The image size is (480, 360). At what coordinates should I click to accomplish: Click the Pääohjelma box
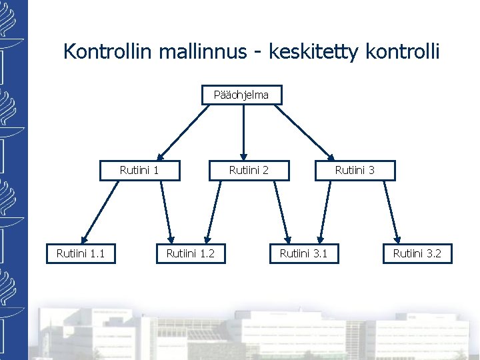242,95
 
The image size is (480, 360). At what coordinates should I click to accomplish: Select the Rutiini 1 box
139,170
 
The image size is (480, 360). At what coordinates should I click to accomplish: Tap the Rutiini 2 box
249,170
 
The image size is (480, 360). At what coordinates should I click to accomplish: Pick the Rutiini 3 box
354,170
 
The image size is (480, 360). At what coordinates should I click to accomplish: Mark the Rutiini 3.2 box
417,253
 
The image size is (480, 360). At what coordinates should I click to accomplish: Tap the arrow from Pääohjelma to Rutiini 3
304,131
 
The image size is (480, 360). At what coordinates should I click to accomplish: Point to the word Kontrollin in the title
109,52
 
